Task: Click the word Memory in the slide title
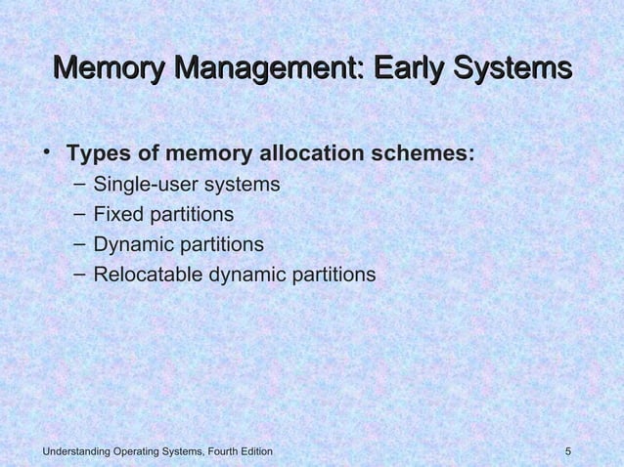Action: tap(107, 70)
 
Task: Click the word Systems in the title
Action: tap(510, 70)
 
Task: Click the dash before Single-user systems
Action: tap(78, 184)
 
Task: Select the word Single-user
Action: tap(145, 185)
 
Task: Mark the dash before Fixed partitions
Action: tap(78, 213)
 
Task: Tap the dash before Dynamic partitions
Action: tap(78, 243)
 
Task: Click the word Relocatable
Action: tap(148, 275)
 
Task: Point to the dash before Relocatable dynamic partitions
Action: tap(78, 274)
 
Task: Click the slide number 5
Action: tap(568, 451)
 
